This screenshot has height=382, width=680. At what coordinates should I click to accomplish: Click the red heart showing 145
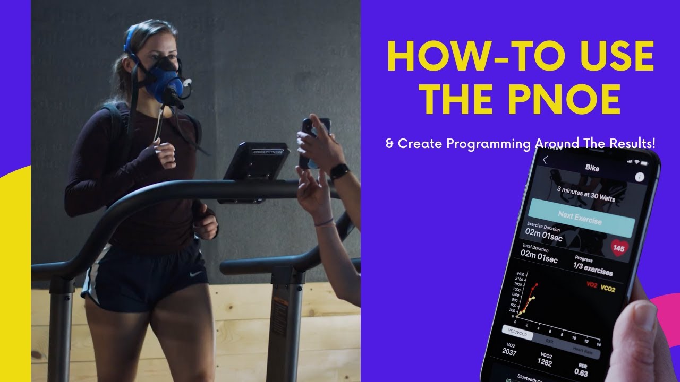click(x=618, y=248)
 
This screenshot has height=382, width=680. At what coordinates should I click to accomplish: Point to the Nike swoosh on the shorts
click(x=197, y=274)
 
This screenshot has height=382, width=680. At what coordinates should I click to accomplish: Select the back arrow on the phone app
click(x=545, y=160)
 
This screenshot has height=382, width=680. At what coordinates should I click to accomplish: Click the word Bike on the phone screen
click(x=592, y=168)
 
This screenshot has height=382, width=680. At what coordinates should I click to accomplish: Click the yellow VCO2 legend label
click(x=608, y=290)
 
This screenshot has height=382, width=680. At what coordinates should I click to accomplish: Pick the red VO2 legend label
click(x=590, y=285)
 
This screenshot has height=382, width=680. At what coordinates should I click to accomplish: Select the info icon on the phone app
click(x=639, y=177)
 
